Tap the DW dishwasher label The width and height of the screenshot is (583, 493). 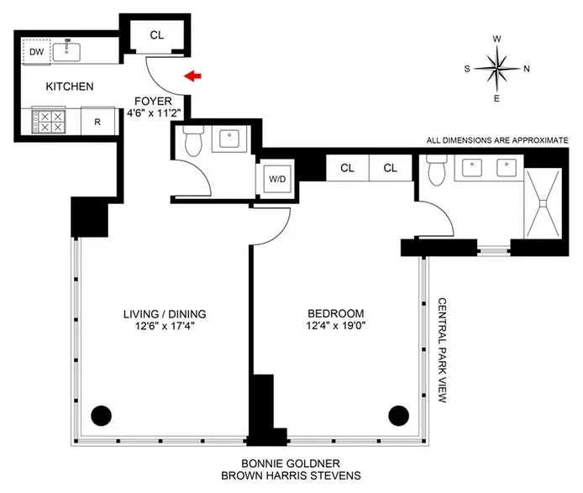36,52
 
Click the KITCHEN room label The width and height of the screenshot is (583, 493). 70,87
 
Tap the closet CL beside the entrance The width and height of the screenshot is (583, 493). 157,35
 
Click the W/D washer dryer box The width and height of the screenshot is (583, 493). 275,178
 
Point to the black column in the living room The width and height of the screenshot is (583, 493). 101,414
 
